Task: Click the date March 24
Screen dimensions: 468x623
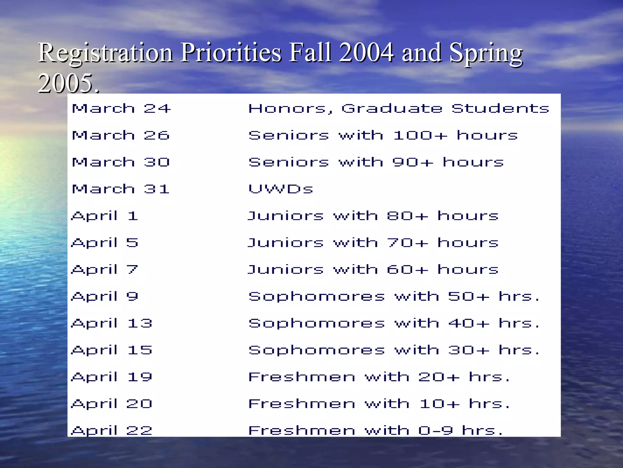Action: [121, 108]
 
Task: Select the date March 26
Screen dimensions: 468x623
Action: [120, 135]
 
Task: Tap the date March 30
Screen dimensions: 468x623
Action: [120, 162]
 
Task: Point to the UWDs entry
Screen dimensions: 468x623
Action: [280, 189]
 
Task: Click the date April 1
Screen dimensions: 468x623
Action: [105, 216]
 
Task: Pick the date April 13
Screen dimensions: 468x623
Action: [111, 323]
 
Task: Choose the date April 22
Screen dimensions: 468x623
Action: [111, 430]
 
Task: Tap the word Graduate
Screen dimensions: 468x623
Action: [392, 108]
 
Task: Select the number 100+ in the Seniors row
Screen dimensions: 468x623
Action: [420, 135]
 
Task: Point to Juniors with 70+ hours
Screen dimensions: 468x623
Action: [373, 243]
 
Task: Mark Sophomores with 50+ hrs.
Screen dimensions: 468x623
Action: [394, 296]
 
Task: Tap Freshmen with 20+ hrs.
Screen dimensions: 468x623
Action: [379, 377]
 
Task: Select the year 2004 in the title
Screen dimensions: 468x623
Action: [366, 52]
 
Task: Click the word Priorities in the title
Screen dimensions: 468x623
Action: [231, 52]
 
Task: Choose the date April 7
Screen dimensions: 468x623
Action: [105, 270]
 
